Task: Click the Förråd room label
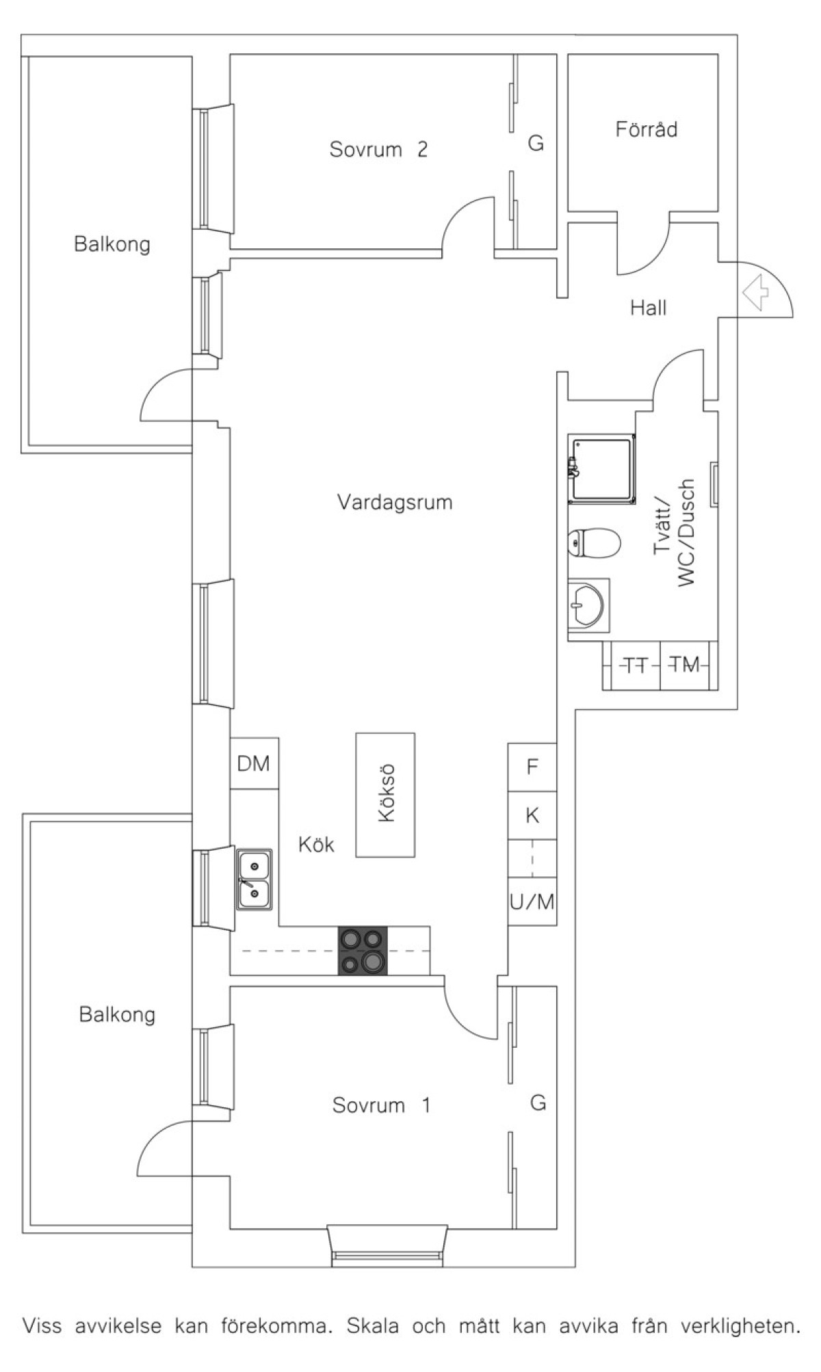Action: pos(646,129)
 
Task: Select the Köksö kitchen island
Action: pos(385,795)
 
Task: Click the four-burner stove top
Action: pos(363,951)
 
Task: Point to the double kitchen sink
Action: pos(255,879)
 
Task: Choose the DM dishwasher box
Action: pos(254,763)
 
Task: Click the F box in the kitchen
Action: pos(532,767)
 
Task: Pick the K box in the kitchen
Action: pos(532,815)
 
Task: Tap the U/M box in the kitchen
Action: pos(532,902)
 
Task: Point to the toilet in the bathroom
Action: pos(594,543)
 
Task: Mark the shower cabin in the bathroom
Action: pos(601,469)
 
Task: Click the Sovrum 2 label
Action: pos(378,149)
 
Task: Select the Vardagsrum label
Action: pos(395,503)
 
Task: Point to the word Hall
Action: pos(648,308)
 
